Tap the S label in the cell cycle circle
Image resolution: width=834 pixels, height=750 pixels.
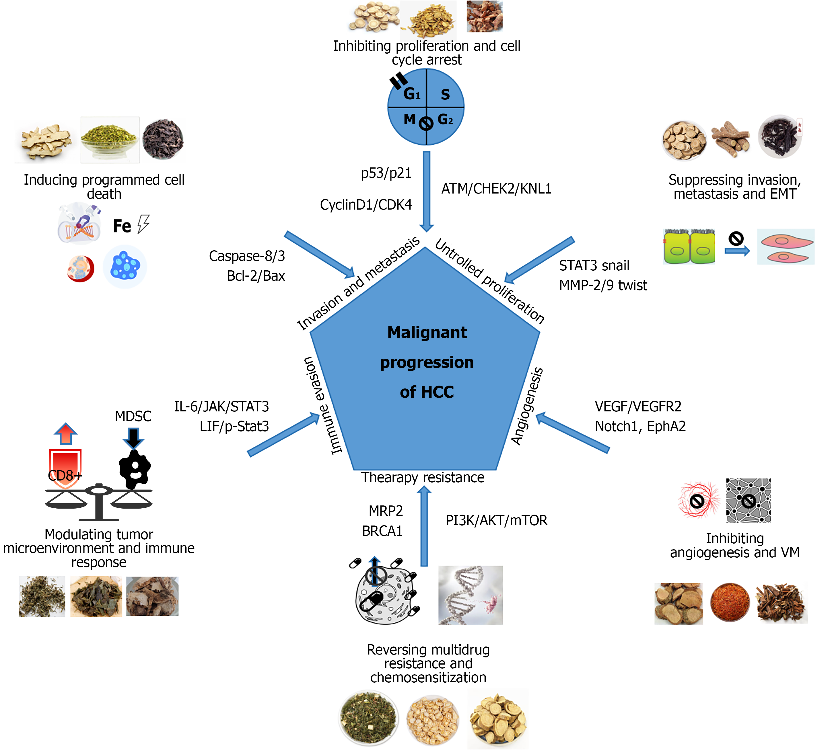(445, 94)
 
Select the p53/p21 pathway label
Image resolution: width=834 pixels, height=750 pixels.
(386, 173)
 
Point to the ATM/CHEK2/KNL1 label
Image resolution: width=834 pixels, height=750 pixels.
(496, 188)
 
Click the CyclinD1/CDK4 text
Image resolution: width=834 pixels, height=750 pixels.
(366, 204)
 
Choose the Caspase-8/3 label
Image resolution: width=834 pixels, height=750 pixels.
(247, 256)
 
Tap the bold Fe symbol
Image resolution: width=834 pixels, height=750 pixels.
(122, 226)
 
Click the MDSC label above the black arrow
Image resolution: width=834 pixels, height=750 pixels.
(133, 416)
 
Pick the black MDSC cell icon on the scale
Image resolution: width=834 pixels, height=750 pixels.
(135, 469)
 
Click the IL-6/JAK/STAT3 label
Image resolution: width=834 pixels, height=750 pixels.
(221, 407)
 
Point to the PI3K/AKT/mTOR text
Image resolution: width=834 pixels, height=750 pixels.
(497, 520)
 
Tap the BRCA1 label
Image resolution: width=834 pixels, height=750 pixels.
(382, 531)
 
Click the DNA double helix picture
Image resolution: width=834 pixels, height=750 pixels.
(471, 595)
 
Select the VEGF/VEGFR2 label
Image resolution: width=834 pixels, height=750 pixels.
(638, 407)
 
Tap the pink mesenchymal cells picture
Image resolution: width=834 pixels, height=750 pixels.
(786, 247)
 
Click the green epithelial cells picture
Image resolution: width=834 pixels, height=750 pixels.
(689, 247)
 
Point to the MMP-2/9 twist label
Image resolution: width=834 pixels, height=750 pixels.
(603, 285)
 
